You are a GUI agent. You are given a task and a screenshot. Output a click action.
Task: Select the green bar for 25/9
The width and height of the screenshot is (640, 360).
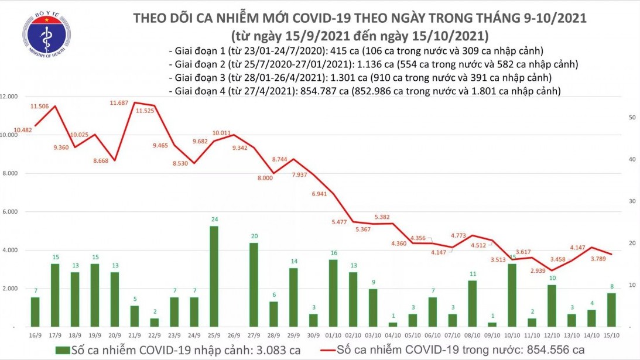click(214, 276)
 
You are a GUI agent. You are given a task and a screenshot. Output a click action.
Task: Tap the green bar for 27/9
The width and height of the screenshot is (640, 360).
click(254, 284)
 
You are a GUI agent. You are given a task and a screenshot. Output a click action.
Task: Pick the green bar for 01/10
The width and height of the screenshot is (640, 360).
click(333, 293)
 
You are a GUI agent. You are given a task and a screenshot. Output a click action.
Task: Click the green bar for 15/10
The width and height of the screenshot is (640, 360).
click(611, 309)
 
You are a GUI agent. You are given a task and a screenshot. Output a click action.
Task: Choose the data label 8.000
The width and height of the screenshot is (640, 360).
click(265, 178)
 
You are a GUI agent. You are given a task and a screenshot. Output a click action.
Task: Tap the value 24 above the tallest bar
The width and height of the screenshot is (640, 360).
click(214, 220)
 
